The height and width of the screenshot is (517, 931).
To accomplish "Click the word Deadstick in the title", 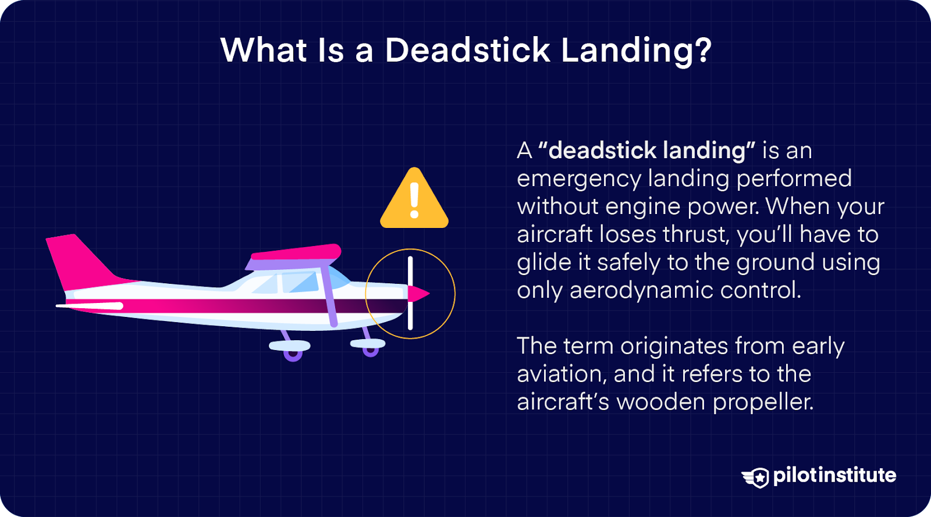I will coord(467,50).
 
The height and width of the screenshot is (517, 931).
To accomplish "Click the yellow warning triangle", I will coord(414,201).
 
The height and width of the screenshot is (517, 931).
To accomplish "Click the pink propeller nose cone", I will coord(418,294).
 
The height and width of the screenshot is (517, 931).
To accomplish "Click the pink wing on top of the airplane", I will coord(297,254).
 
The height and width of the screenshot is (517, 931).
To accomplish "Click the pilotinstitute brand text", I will coord(834,475).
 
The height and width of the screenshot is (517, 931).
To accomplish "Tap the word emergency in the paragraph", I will coord(578,179).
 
